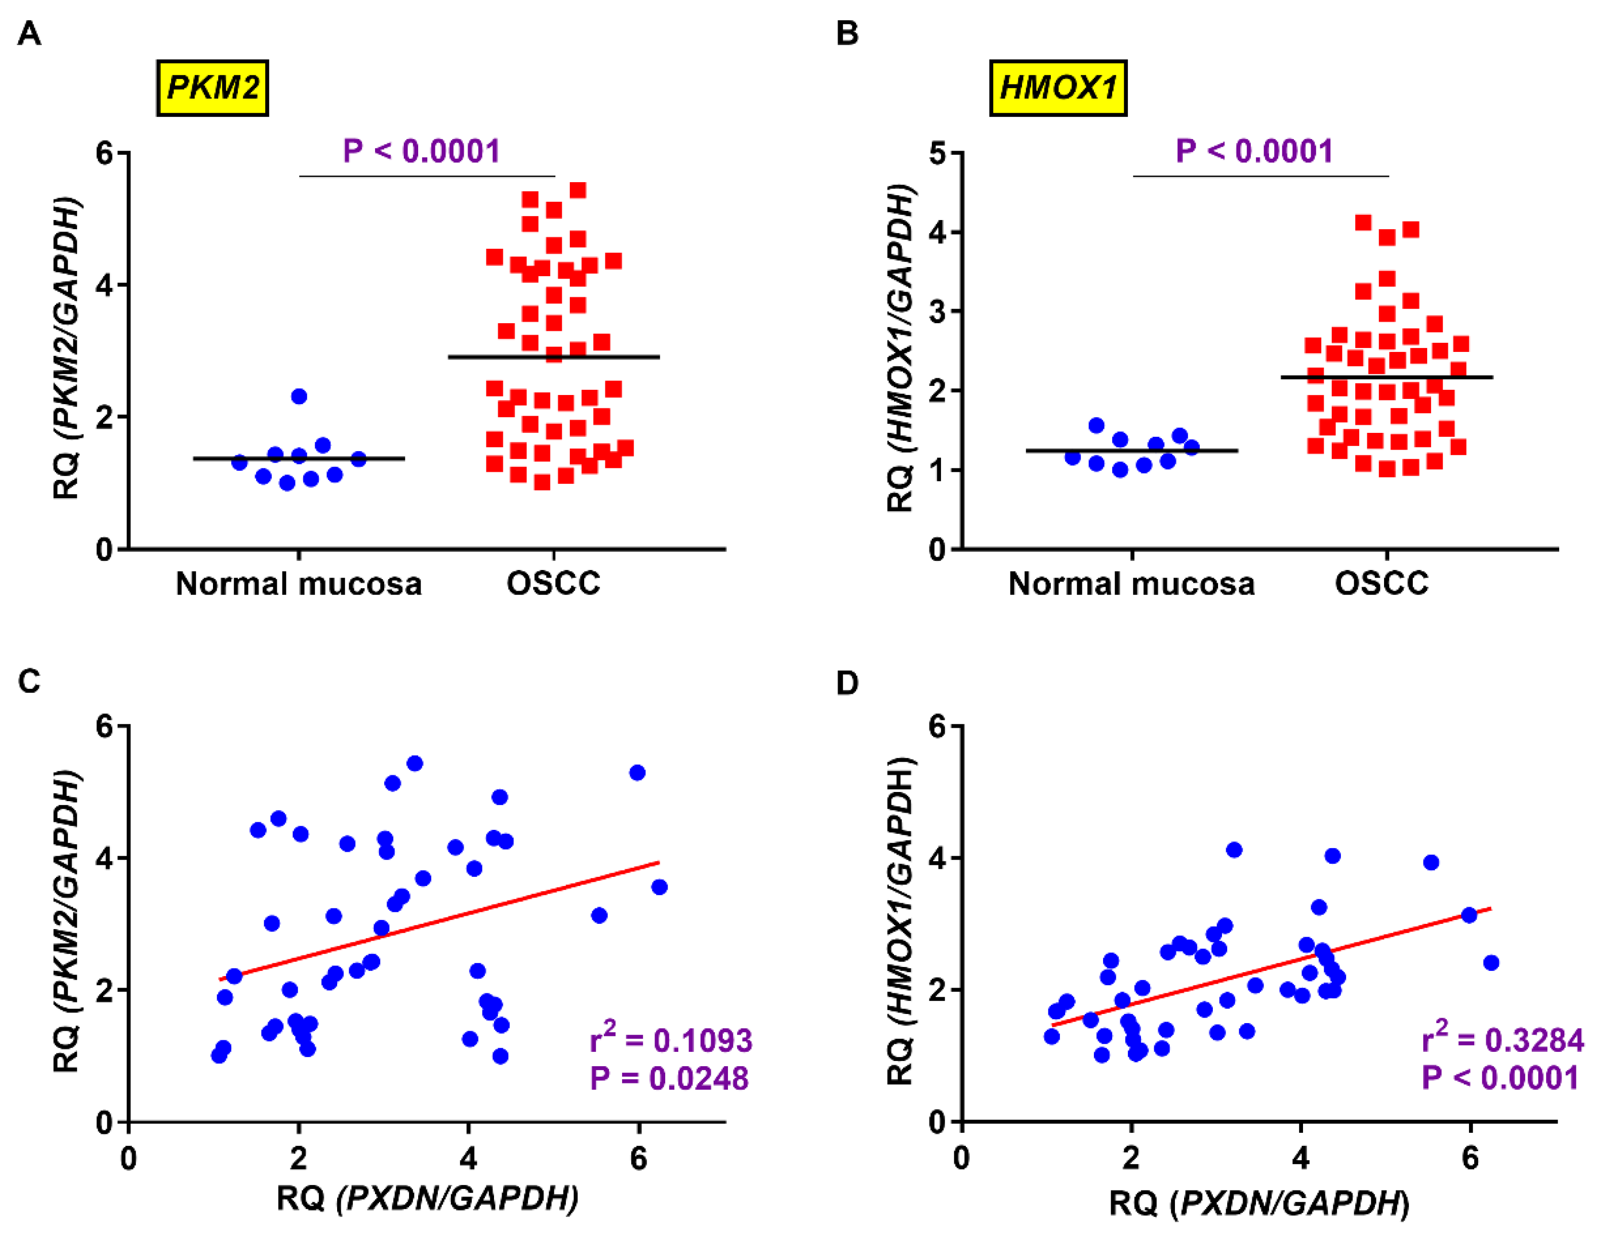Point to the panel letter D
point(847,683)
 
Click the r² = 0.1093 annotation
point(670,1039)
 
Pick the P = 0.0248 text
point(669,1078)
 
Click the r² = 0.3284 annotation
point(1502,1039)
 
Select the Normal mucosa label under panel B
point(1131,583)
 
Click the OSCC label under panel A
point(553,583)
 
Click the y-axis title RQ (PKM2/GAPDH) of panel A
point(67,347)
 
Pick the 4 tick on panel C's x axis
point(468,1159)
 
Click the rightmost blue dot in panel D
point(1491,963)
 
